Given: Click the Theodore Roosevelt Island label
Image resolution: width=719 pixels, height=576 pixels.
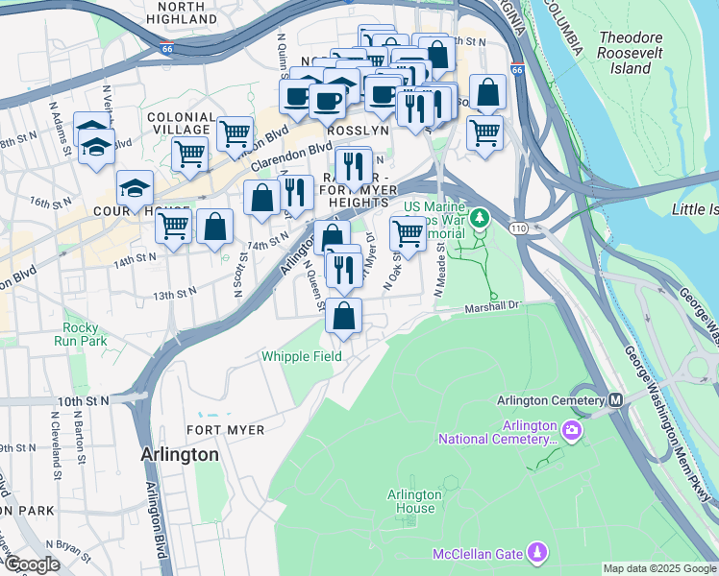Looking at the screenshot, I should (632, 53).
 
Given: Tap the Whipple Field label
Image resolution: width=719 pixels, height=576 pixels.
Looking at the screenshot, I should (301, 356).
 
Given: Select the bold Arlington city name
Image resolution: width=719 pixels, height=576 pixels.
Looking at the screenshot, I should (180, 454).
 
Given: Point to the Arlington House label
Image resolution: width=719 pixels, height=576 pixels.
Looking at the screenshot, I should (414, 501).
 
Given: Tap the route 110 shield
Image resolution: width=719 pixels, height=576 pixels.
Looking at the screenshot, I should (519, 228).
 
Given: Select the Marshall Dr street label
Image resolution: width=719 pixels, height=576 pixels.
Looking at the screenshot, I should (492, 308).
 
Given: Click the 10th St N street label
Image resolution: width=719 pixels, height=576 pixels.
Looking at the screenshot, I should (84, 400).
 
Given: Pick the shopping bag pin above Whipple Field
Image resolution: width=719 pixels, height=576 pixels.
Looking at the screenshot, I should (344, 317).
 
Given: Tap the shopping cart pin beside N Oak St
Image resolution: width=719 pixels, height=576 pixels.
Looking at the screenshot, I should (409, 233).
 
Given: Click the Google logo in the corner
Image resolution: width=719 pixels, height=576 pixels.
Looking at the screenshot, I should (32, 564).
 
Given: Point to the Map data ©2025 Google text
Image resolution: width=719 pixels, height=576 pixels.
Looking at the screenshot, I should (659, 568).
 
